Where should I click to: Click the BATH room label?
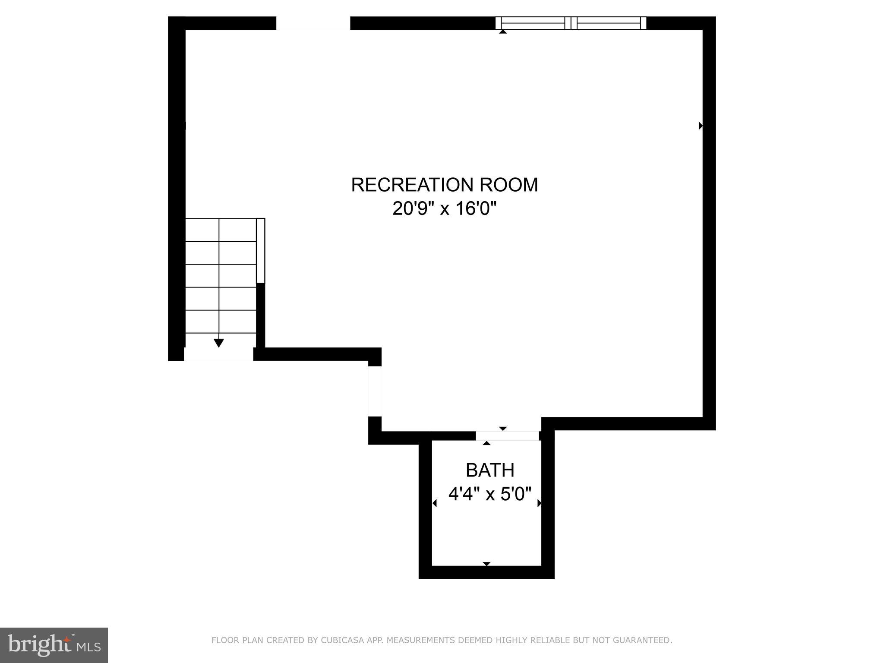490,470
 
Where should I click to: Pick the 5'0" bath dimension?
516,493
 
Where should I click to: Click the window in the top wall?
571,23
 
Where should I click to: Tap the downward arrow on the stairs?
219,343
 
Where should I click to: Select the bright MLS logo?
54,645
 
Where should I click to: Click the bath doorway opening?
507,436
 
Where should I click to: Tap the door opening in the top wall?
313,23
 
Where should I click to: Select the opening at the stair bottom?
218,354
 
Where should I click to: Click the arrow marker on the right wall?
701,126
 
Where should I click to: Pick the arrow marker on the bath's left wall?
435,503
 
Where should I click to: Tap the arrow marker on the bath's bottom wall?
486,564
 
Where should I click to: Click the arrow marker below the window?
502,32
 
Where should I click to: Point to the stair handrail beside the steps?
261,250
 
